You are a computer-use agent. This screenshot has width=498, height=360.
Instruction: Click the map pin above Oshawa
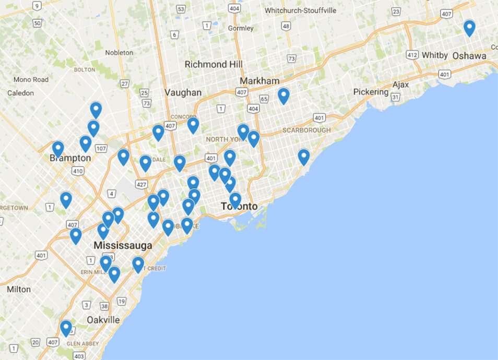coord(469,28)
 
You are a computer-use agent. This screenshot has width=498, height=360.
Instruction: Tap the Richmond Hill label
coord(214,65)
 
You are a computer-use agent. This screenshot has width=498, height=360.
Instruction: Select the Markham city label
coord(259,81)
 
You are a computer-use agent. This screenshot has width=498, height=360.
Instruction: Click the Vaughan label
coord(183,92)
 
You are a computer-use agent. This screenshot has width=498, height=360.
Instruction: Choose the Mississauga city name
coord(123,245)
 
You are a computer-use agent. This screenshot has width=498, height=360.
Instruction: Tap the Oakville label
coord(103,319)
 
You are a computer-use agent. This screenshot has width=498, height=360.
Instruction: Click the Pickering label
coord(371,92)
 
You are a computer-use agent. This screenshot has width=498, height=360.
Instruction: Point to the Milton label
coord(19,289)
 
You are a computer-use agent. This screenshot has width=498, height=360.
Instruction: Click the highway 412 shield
coord(412,55)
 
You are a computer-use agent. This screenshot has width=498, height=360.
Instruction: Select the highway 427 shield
coord(140,184)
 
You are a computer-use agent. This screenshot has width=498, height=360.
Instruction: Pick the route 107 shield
coord(101,149)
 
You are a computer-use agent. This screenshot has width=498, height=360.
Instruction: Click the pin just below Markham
coord(283,95)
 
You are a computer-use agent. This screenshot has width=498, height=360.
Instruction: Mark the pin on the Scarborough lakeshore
coord(304,157)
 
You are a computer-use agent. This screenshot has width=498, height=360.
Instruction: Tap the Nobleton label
coord(119,53)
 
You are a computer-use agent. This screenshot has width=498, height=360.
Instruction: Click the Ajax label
coord(401,84)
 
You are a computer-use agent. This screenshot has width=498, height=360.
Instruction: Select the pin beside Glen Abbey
coord(66,328)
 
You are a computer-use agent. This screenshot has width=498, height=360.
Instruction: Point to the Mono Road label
coord(31,79)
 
